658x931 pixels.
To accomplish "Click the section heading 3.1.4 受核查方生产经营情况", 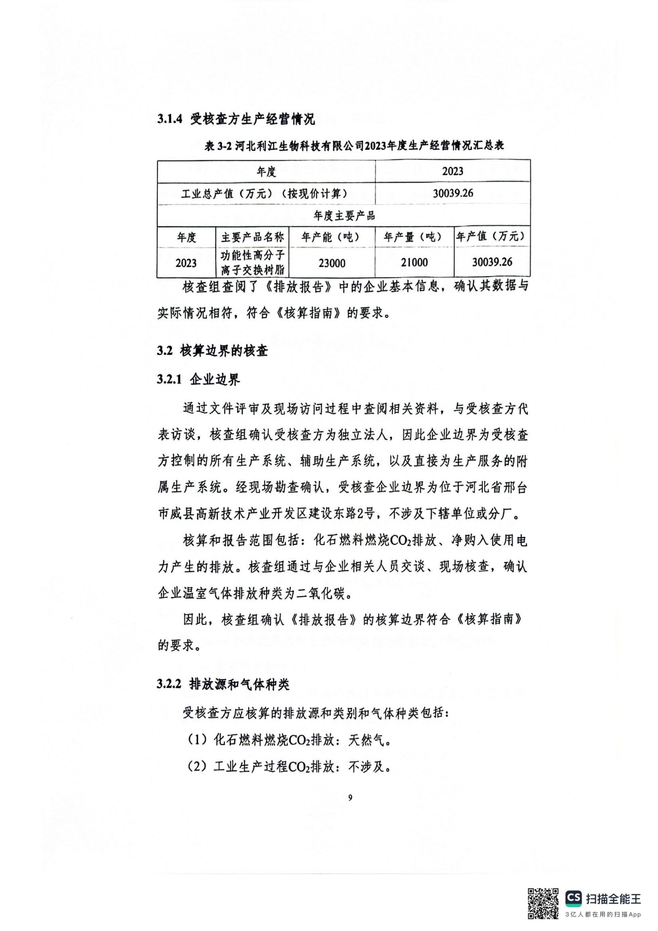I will point(236,119).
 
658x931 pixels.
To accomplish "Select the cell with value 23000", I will point(332,263).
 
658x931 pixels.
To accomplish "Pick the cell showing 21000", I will point(414,263).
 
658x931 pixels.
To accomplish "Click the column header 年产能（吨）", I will point(332,237).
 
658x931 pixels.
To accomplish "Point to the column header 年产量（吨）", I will point(414,237).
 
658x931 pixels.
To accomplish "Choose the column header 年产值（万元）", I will point(492,237).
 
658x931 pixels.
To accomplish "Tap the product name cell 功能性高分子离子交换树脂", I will point(253,263).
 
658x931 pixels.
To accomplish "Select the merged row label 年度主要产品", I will point(344,216).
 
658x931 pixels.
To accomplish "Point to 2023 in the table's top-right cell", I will point(453,171).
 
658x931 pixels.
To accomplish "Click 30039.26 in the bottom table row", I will point(492,262).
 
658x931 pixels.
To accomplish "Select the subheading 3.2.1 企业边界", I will point(198,379).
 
